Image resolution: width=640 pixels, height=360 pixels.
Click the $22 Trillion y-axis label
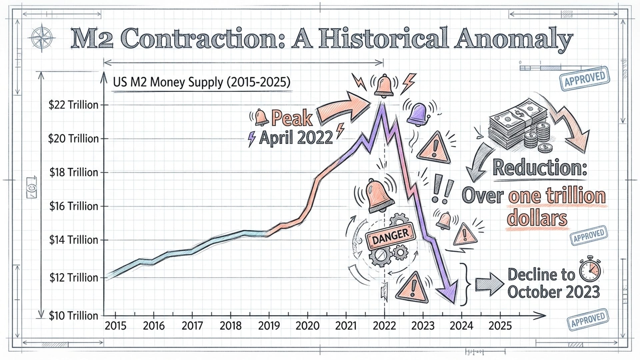point(73,105)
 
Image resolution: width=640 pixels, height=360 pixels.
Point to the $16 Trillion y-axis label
point(74,206)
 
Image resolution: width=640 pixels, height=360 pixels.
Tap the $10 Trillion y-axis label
point(73,315)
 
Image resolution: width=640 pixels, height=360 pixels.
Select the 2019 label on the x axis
point(269,326)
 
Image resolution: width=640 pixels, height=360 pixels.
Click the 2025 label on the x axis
point(500,326)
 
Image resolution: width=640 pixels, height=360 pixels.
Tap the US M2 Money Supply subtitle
point(202,82)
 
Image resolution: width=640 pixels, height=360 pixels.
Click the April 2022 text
point(296,138)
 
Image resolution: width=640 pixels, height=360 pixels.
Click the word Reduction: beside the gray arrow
point(540,167)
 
